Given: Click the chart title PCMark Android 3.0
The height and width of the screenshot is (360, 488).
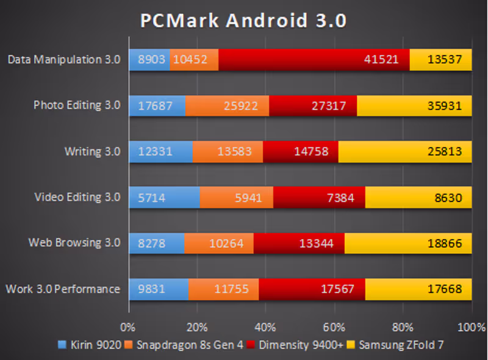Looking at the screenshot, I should (x=243, y=21).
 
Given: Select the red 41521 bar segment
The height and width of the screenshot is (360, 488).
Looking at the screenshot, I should (x=314, y=60).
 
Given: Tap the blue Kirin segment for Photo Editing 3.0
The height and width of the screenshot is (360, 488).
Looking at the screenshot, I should (x=157, y=106).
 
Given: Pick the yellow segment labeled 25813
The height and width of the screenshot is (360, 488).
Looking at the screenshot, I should (x=404, y=151).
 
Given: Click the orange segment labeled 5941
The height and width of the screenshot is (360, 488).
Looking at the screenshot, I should (x=236, y=197).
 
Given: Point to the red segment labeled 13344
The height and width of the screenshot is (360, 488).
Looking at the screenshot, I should (x=299, y=243).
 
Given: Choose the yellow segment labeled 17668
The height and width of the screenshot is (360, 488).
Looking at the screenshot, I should (x=418, y=289).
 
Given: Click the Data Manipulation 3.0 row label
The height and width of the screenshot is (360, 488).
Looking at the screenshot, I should (x=64, y=60).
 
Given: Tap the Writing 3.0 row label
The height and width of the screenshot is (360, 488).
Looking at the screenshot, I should (x=92, y=151).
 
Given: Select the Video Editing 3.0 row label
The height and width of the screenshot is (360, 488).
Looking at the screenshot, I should (x=77, y=197).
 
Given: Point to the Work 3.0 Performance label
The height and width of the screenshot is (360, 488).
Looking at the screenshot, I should (x=62, y=289).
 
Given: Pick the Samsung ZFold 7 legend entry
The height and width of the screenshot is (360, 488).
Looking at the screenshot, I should (x=395, y=345).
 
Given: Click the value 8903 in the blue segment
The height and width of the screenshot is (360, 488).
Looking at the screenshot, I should (x=150, y=60).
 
